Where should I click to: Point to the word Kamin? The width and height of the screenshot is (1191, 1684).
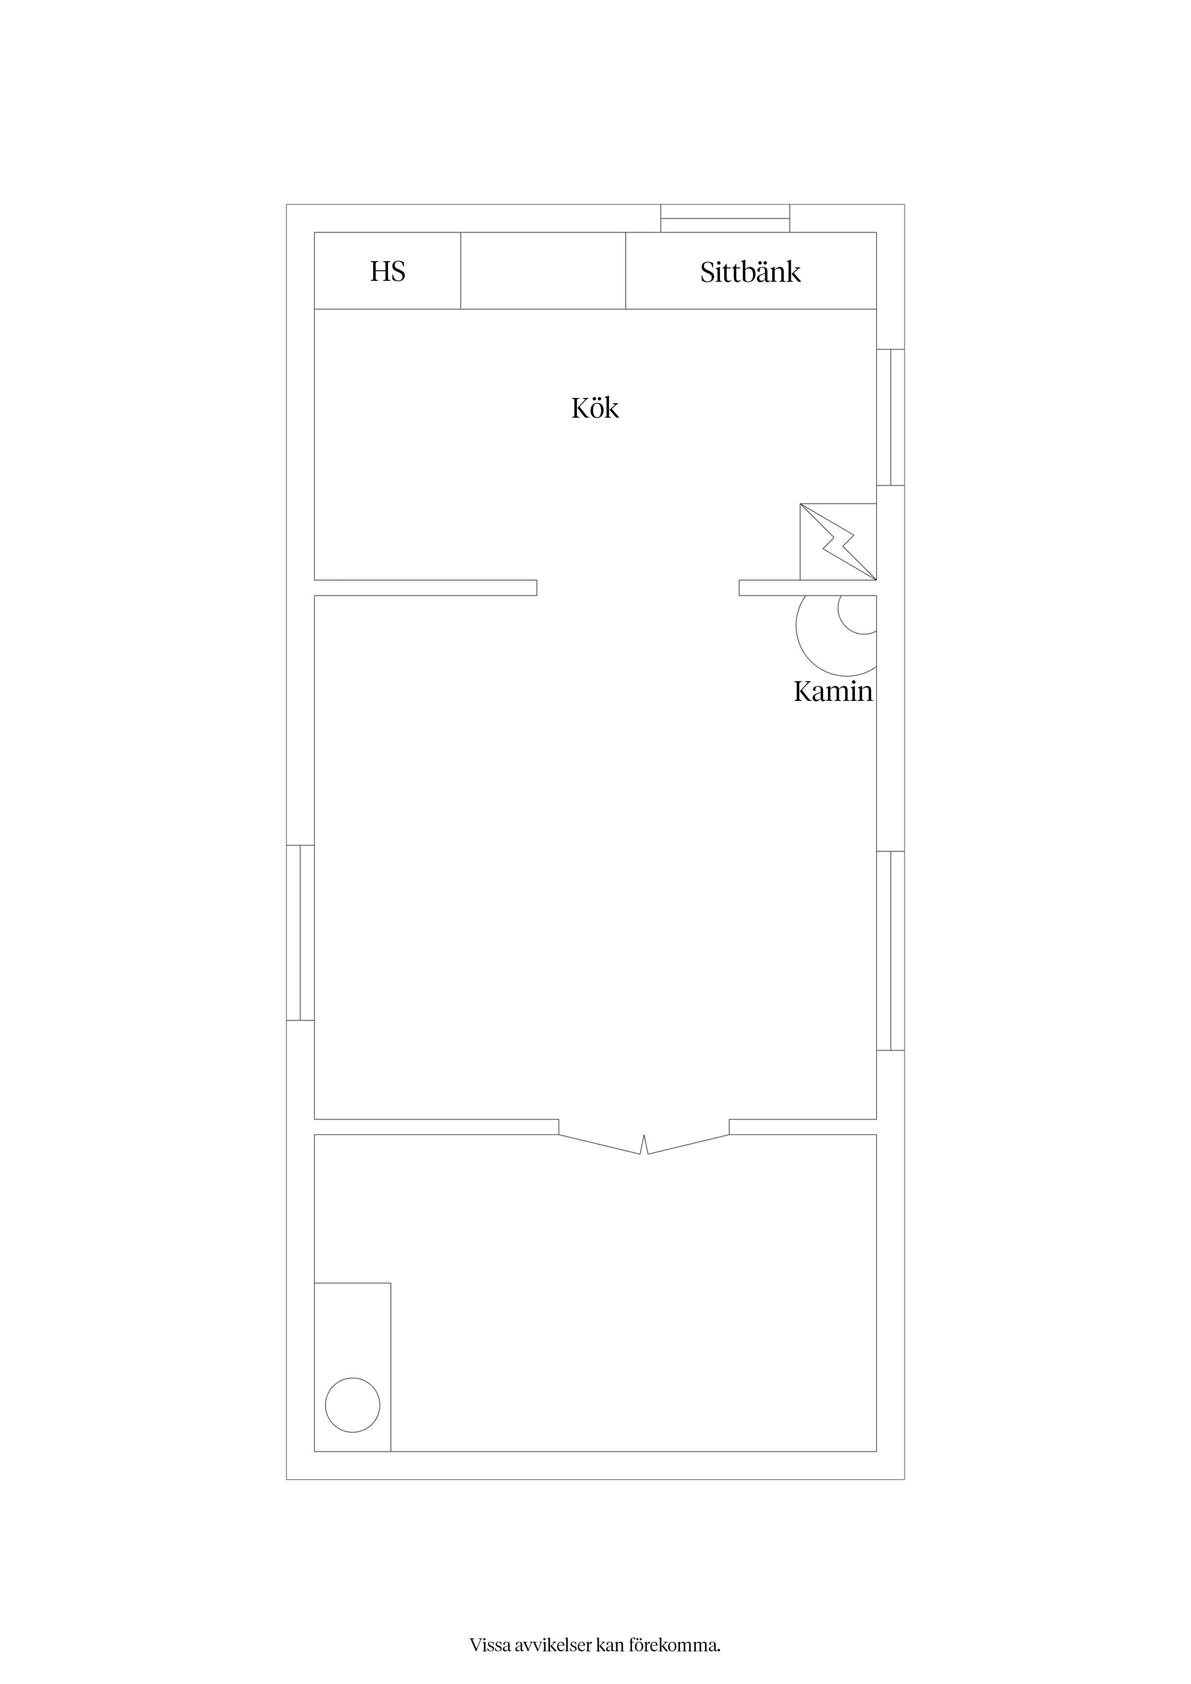[833, 692]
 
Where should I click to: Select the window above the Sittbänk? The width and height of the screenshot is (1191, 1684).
[725, 218]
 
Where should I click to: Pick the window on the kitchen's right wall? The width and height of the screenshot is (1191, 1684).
[891, 417]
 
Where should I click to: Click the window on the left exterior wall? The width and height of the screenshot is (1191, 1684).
[300, 932]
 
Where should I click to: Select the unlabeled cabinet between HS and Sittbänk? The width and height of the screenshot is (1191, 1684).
[543, 271]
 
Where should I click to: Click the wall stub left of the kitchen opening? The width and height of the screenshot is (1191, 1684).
[425, 588]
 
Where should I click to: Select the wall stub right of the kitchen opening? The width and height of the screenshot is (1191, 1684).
[808, 588]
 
